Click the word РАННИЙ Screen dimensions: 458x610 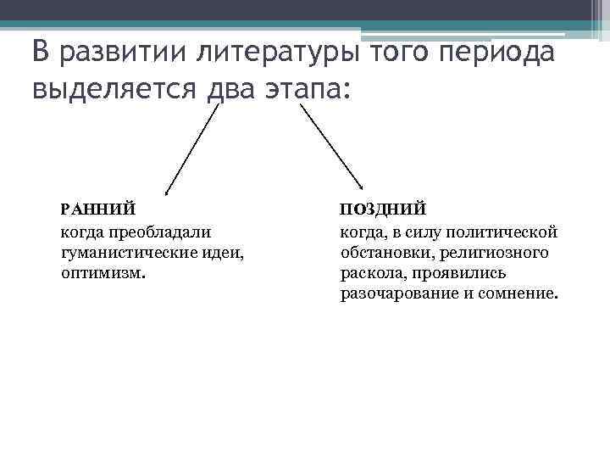click(x=96, y=208)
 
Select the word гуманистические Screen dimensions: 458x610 click(x=126, y=252)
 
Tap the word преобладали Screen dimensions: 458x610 click(x=159, y=231)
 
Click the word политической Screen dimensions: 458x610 click(x=503, y=231)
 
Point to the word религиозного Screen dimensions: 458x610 click(x=502, y=252)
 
